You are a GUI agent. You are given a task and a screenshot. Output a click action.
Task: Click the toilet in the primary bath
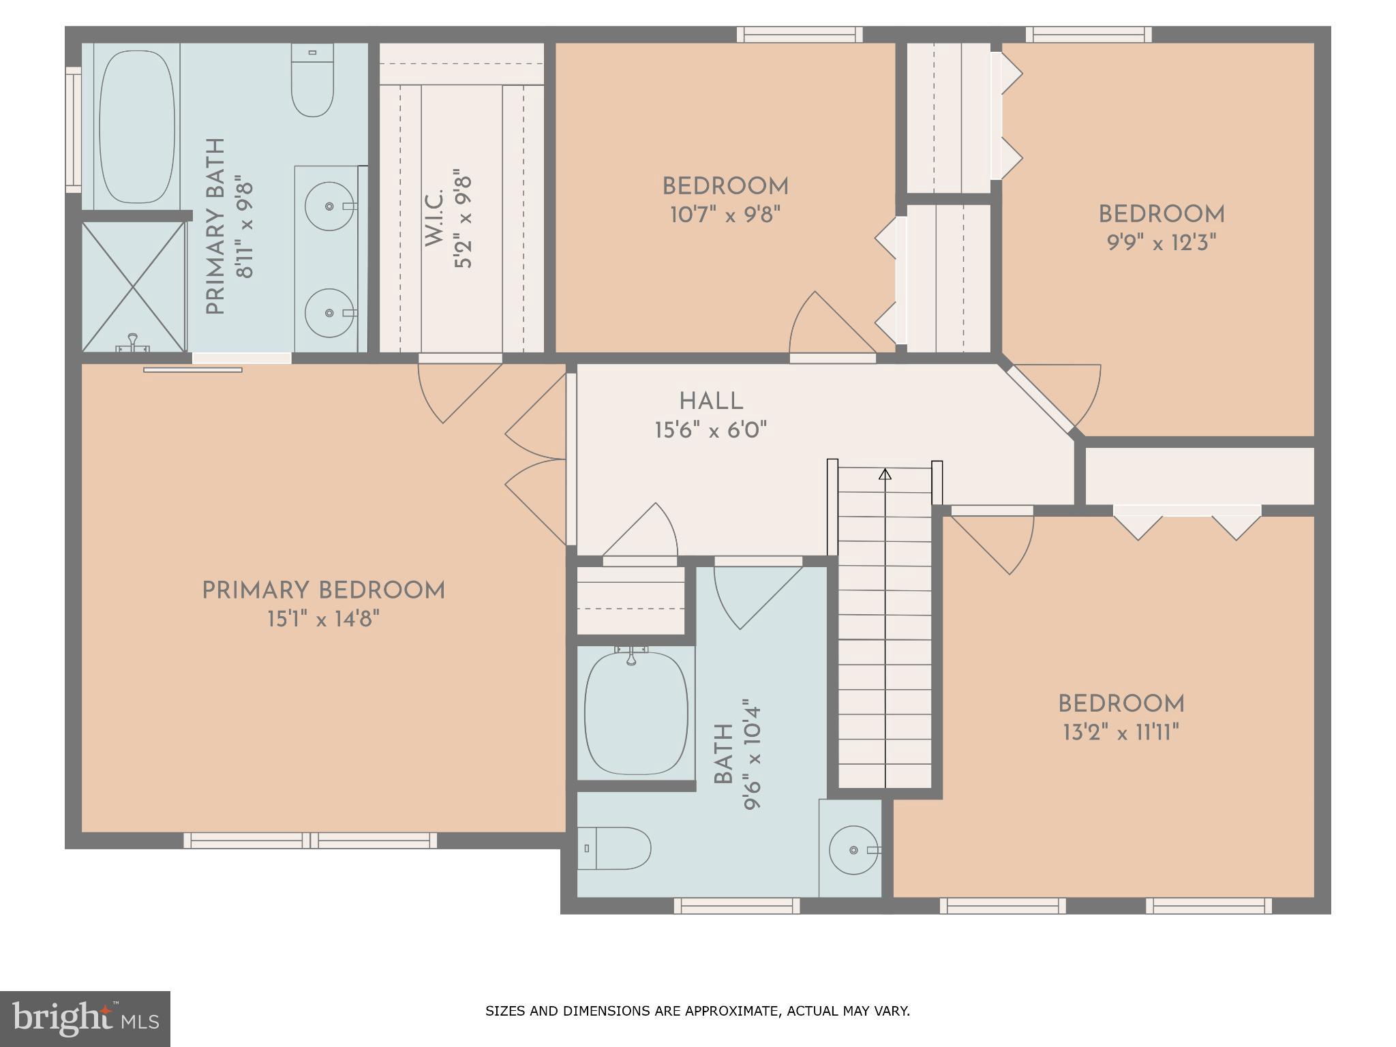point(312,80)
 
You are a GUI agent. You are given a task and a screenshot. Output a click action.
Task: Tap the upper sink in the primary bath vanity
point(330,206)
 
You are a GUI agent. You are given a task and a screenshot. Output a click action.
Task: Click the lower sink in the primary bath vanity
point(330,313)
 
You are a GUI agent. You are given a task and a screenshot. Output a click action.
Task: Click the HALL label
point(711,401)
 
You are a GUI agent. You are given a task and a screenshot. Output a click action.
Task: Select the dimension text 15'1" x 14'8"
point(323,620)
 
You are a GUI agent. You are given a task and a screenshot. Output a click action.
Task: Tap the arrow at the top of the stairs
point(885,474)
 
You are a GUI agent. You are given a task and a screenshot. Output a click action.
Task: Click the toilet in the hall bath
point(613,849)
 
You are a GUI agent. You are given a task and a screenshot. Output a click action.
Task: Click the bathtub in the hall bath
point(635,713)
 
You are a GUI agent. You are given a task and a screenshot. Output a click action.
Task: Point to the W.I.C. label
point(434,218)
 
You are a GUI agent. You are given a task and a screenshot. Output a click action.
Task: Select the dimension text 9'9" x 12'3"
point(1161,243)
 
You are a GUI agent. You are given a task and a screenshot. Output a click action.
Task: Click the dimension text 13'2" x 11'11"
point(1121,733)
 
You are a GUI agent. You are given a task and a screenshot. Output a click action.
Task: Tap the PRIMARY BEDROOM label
point(323,591)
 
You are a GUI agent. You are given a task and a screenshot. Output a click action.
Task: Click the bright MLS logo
point(85,1018)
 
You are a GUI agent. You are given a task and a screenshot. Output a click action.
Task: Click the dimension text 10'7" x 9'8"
point(725,215)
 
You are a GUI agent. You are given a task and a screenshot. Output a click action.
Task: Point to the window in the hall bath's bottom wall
point(736,905)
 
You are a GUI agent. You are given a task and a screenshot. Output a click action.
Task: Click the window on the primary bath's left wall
point(73,130)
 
